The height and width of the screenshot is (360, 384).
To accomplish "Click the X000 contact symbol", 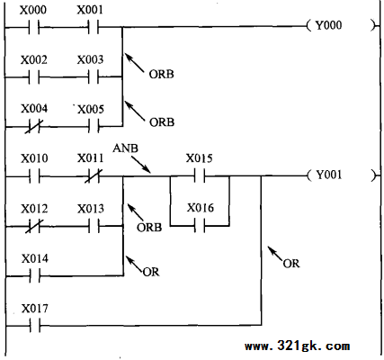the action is (34, 27).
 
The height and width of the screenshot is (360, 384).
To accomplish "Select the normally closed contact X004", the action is (34, 126).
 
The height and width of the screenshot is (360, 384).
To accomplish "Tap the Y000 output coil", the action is (341, 25).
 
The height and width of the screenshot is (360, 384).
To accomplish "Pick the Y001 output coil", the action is (341, 175).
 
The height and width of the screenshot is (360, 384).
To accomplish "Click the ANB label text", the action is (125, 148).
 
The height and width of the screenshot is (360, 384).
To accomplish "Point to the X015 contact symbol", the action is (200, 176).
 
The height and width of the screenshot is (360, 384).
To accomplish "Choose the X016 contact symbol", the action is (200, 226).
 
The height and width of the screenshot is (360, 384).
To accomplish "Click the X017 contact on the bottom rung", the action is (35, 325).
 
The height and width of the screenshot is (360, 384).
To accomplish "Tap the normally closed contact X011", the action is (94, 176).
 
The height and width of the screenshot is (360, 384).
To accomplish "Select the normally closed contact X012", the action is (34, 226).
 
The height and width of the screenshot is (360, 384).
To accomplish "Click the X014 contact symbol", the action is (35, 275).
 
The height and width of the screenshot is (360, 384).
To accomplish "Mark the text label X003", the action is (90, 59).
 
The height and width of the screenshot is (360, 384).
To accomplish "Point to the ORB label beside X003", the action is (161, 74).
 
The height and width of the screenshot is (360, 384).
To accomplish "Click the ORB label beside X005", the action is (162, 122).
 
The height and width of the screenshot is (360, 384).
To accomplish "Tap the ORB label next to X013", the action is (149, 228).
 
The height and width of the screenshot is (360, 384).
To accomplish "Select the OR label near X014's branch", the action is (151, 272).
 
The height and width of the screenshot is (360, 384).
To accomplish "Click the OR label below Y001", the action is (291, 264).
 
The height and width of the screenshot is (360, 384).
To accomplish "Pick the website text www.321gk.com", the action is (297, 346).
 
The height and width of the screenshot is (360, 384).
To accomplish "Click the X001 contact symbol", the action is (94, 27).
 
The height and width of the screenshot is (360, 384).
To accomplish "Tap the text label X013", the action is (91, 209).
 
